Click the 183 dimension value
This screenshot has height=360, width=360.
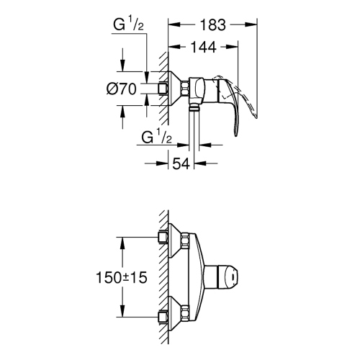click(212, 24)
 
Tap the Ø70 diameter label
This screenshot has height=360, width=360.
click(122, 89)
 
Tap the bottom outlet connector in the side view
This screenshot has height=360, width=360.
click(195, 108)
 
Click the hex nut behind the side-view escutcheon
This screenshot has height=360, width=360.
click(188, 89)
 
